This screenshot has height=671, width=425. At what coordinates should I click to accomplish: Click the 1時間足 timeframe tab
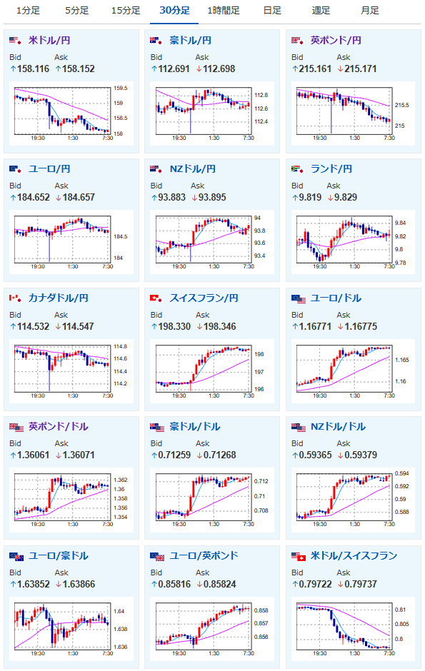pos(224,10)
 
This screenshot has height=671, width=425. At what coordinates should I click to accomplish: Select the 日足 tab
pos(272,10)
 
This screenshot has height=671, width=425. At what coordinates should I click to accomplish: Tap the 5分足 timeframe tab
pos(77,10)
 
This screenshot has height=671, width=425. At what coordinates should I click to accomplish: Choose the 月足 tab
pos(370,10)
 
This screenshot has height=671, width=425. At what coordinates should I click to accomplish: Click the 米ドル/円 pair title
pos(49,40)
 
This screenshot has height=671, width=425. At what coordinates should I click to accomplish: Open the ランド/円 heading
pos(331,169)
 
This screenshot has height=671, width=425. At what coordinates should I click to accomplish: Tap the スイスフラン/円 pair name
pos(204,298)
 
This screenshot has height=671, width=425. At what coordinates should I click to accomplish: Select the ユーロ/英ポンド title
pos(204,555)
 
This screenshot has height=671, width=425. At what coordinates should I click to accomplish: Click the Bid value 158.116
pos(33,69)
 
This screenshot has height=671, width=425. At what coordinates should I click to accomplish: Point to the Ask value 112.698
pos(219,69)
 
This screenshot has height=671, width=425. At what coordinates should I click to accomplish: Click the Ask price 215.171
pos(361,69)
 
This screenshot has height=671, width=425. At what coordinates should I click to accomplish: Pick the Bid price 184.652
pos(34,197)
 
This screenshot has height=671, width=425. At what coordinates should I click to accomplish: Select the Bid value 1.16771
pos(315,326)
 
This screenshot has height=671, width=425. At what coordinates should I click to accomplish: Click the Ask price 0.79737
pos(361,584)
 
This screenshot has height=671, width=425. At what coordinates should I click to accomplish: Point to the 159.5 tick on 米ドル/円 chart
pos(120,88)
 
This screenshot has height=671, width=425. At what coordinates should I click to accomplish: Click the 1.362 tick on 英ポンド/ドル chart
pos(120,480)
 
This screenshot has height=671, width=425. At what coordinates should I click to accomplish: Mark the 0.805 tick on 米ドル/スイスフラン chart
pos(401,624)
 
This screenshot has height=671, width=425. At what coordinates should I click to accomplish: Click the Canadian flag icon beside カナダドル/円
pos(15,298)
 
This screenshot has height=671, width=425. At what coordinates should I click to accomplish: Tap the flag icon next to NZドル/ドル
pos(299,427)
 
